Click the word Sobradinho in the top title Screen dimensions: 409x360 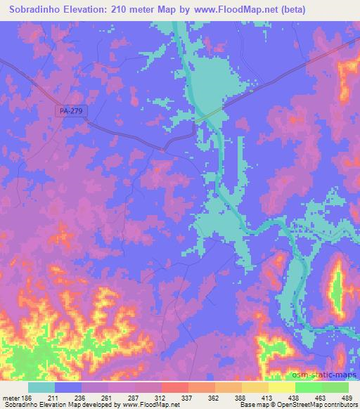(34, 9)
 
